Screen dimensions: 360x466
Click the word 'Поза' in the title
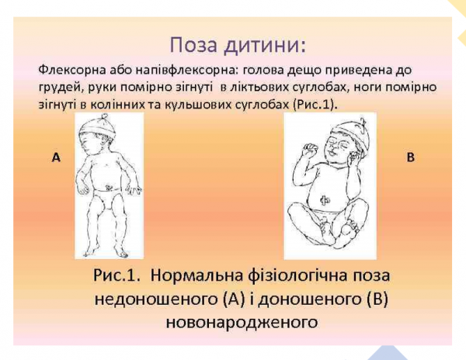pos(193,41)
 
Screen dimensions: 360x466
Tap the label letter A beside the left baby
pos(56,157)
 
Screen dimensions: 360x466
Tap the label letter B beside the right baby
pos(411,157)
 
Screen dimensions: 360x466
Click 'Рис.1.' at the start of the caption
pos(118,276)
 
